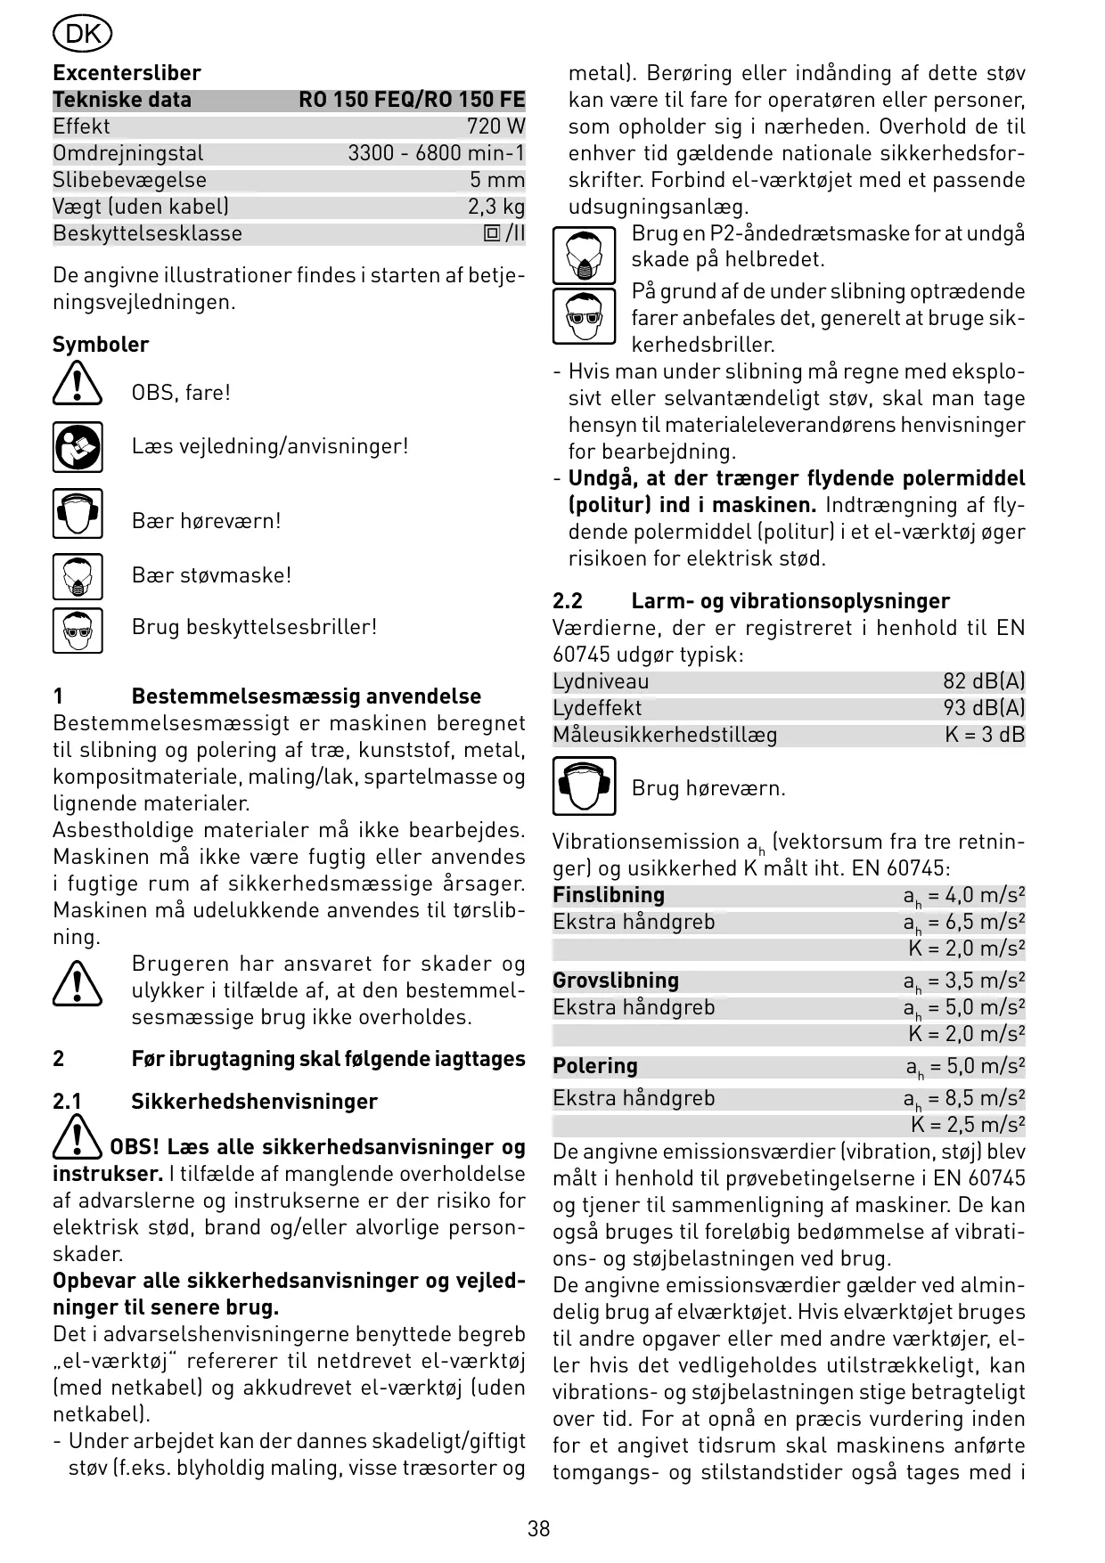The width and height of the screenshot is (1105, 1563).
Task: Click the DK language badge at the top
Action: pos(82,35)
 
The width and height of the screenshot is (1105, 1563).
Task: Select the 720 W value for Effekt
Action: pos(495,126)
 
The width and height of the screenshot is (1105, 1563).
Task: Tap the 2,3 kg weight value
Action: pos(496,207)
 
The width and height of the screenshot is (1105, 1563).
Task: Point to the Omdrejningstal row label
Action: pos(128,153)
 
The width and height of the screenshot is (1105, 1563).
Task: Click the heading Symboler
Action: pos(101,345)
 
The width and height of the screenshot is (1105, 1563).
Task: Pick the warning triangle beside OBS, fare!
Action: pos(78,385)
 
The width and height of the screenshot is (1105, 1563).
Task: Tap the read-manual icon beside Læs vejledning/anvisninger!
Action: pos(78,447)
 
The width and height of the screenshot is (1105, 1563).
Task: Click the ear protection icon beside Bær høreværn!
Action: pos(78,514)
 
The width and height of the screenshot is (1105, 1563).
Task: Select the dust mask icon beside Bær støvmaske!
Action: pos(78,576)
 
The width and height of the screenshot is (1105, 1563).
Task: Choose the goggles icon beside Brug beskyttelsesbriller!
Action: pos(78,630)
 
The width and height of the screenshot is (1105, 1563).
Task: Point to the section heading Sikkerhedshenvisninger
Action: pos(254,1102)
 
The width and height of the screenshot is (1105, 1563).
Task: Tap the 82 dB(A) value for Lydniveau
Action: pos(984,681)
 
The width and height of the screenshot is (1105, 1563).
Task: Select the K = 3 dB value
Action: pos(985,735)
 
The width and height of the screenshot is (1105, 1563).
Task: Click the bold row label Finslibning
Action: pos(609,895)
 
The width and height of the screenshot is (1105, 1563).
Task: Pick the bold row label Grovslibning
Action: pos(616,981)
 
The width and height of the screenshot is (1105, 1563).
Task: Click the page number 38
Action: pos(539,1529)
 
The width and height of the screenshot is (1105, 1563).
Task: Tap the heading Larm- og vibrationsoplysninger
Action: pos(790,601)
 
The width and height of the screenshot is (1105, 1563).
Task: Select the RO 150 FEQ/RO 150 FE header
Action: pos(412,100)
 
